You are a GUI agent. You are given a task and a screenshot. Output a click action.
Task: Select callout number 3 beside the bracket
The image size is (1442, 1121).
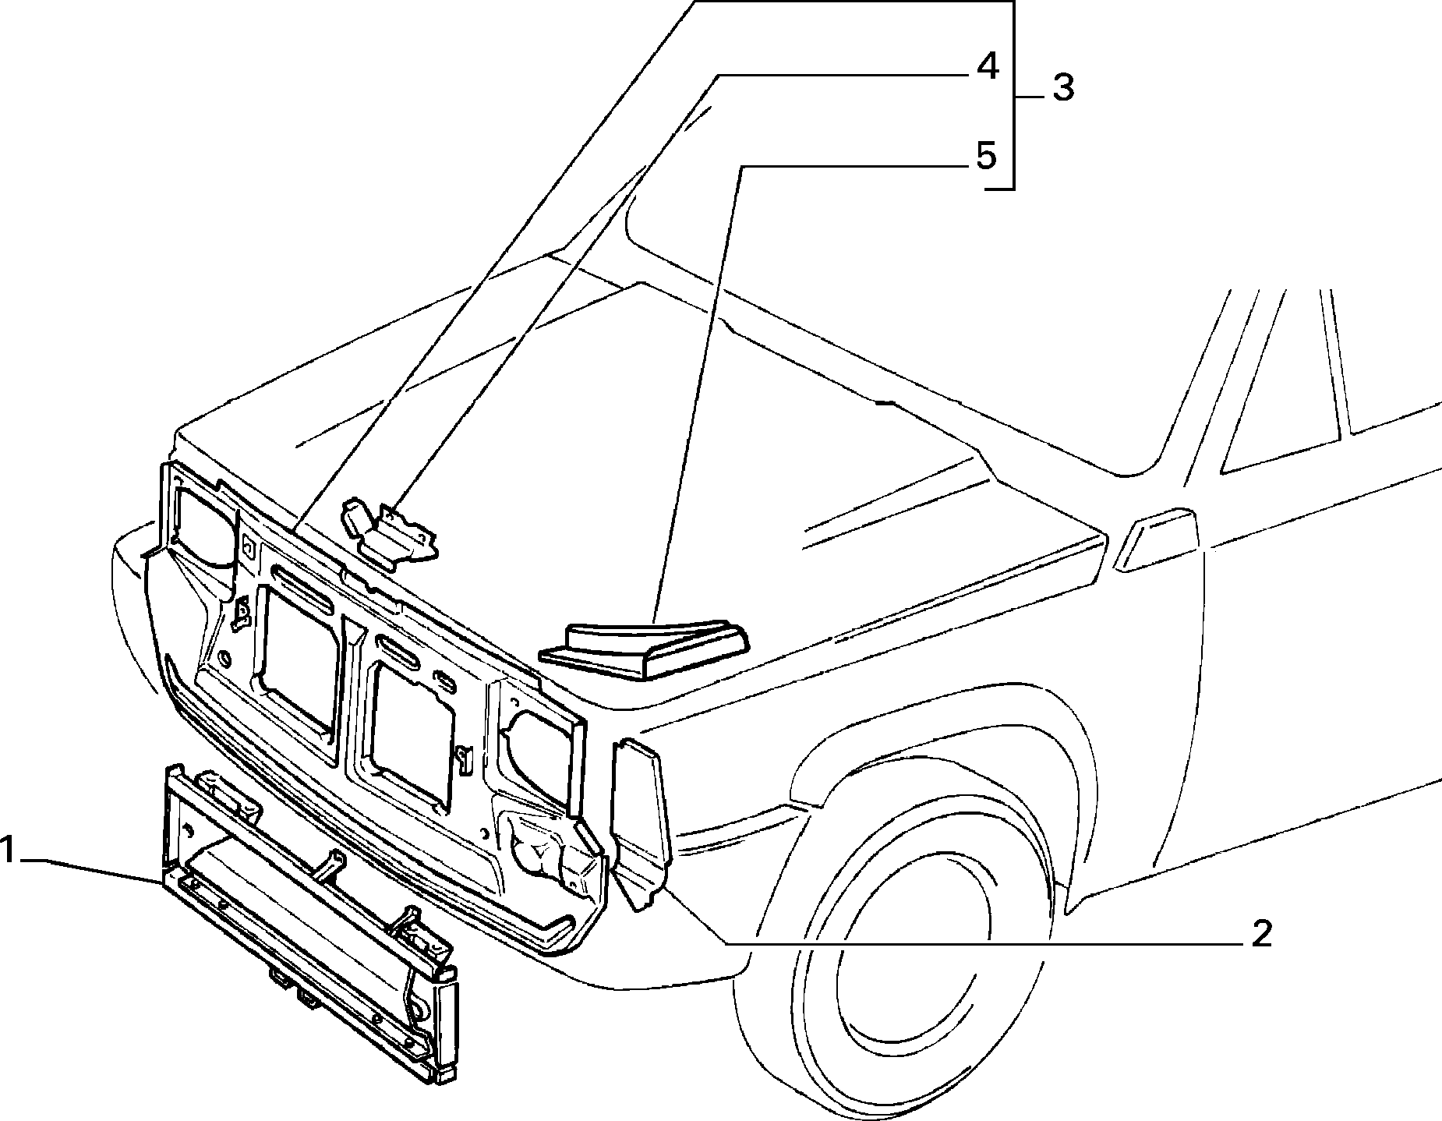pyautogui.click(x=1063, y=87)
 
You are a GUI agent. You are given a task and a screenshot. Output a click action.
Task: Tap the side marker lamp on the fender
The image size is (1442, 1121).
pyautogui.click(x=1156, y=539)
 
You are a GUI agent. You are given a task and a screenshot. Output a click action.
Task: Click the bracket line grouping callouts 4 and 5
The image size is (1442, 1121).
pyautogui.click(x=1013, y=94)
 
